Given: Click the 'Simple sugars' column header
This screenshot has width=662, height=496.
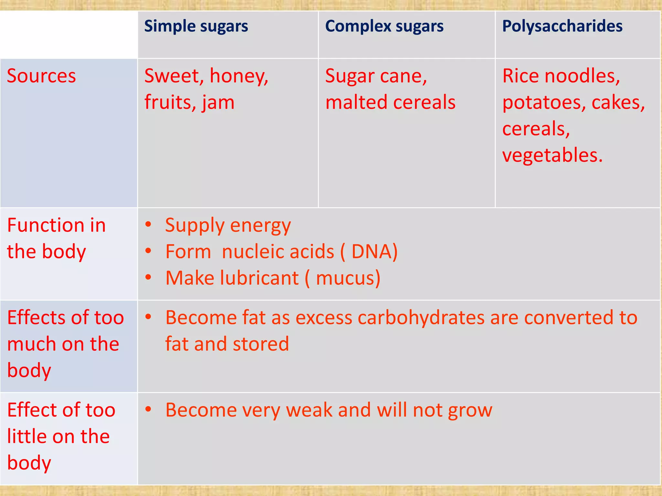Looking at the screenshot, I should click(196, 26).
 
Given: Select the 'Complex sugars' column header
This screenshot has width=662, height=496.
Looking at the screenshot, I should click(384, 26).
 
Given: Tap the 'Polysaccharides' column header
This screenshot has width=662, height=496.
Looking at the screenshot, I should click(562, 26).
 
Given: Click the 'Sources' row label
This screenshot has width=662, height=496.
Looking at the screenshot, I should click(41, 76).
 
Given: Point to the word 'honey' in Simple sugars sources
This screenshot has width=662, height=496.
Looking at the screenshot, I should click(238, 76).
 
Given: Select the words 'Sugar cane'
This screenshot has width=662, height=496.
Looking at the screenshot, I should click(375, 76).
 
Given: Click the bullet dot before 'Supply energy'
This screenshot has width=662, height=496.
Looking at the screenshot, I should click(148, 224).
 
